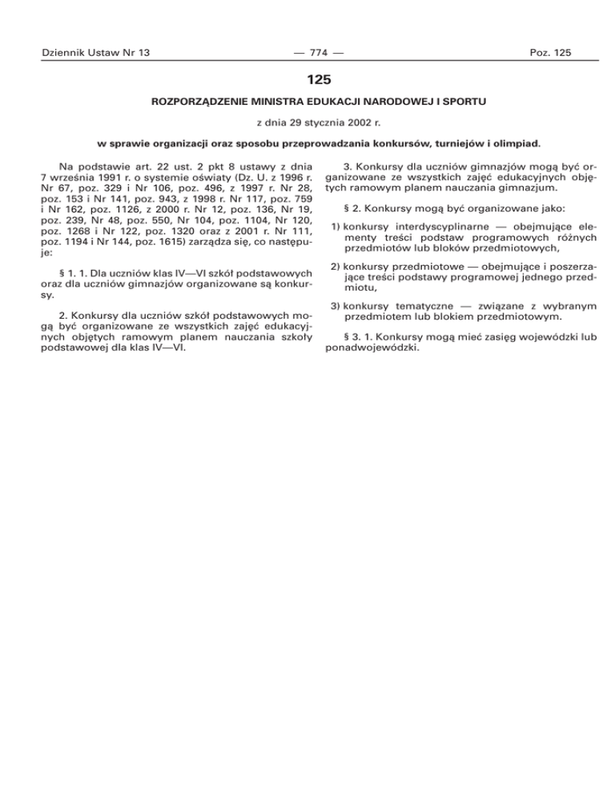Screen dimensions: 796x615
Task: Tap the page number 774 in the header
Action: pos(307,53)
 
